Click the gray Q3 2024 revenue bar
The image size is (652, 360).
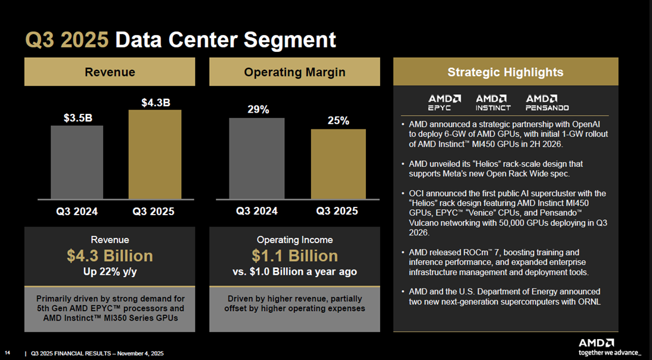coord(77,162)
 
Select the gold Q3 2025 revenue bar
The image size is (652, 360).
coord(155,154)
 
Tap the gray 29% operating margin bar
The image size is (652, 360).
coord(256,159)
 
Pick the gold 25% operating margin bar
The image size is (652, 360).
coord(338,164)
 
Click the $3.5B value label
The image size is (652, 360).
coord(78,118)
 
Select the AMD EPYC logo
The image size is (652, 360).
coord(445,103)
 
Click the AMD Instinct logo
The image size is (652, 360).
coord(493,103)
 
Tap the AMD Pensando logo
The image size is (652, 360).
coord(547,103)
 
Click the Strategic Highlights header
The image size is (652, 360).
coord(505,72)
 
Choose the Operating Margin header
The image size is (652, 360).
coord(294,72)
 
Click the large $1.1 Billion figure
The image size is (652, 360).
coord(294,256)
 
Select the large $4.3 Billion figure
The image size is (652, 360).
coord(110,256)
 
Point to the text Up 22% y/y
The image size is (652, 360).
coord(110,272)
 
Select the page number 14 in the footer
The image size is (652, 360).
coord(8,353)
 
